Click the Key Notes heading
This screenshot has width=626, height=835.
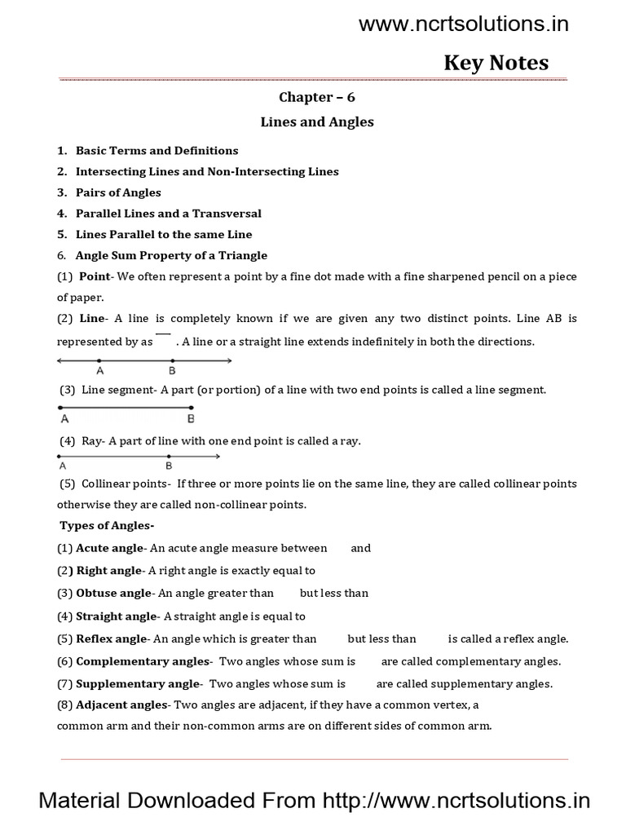click(x=496, y=63)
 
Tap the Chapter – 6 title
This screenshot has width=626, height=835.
click(x=317, y=97)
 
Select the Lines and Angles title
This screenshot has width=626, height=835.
click(x=317, y=122)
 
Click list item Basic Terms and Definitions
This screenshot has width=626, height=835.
click(x=156, y=151)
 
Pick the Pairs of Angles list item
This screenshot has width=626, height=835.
click(x=118, y=192)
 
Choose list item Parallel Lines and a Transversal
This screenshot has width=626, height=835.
click(x=168, y=214)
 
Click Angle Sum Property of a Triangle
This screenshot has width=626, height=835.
click(x=171, y=255)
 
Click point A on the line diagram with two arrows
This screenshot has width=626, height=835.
click(x=99, y=361)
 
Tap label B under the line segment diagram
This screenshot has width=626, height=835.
click(x=191, y=419)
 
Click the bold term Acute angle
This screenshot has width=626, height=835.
click(x=109, y=548)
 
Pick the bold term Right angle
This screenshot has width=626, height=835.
click(x=108, y=571)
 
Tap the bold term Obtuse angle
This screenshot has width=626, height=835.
click(x=113, y=593)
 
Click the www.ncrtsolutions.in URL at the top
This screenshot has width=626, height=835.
click(x=464, y=24)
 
